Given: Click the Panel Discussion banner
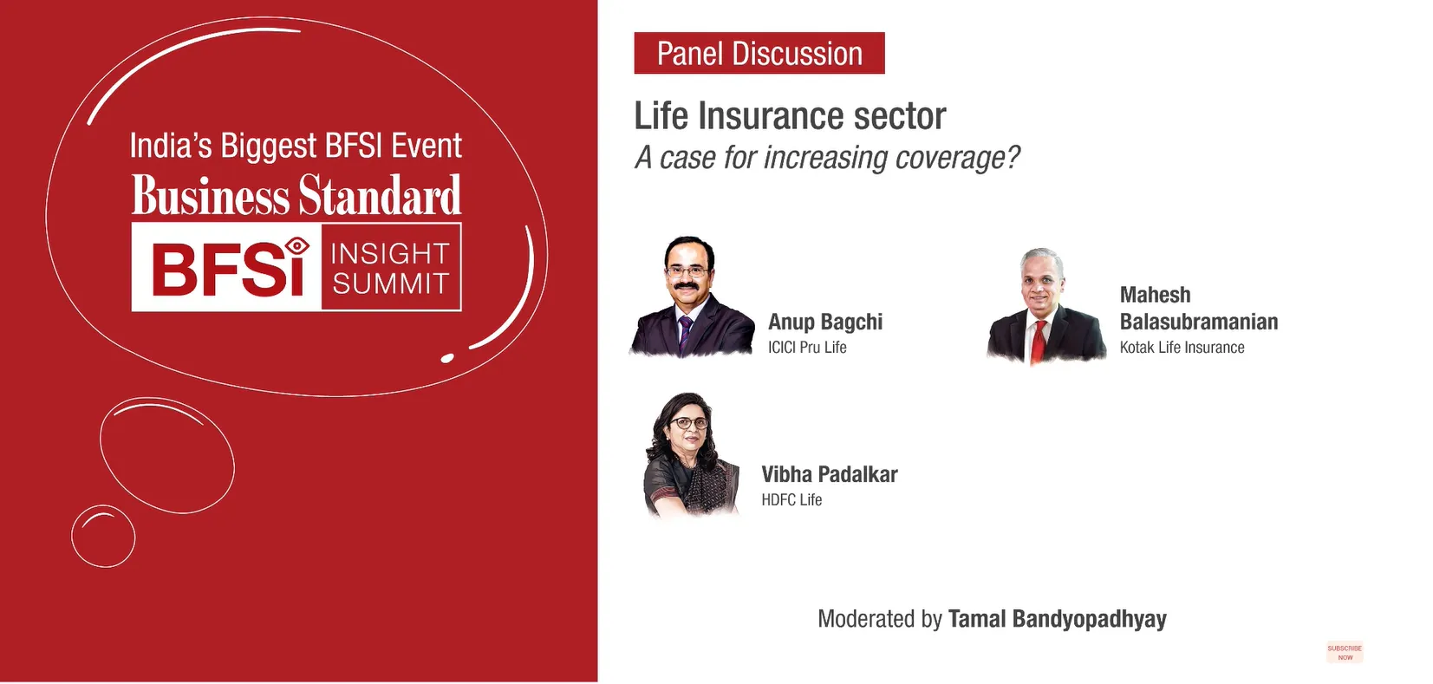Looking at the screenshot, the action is (759, 53).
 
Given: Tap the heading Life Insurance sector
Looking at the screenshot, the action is (790, 116).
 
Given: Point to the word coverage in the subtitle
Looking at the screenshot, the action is (949, 158).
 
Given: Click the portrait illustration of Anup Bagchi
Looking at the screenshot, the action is (692, 296).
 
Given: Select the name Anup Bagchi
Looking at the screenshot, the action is (825, 322).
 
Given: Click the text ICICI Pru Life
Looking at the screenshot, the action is (807, 348).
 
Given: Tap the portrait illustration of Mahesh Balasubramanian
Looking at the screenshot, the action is (1046, 306).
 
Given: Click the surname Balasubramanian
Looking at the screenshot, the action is (1199, 322).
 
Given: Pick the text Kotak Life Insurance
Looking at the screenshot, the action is (1182, 348).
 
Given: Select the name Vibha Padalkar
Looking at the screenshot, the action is (830, 475).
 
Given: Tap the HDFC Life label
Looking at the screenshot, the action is (792, 499).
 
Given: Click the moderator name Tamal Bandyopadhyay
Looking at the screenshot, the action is (1058, 619).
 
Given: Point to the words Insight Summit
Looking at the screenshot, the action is (390, 268).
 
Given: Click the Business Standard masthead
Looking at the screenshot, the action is (296, 195).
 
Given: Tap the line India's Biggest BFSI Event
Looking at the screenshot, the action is (296, 147).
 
